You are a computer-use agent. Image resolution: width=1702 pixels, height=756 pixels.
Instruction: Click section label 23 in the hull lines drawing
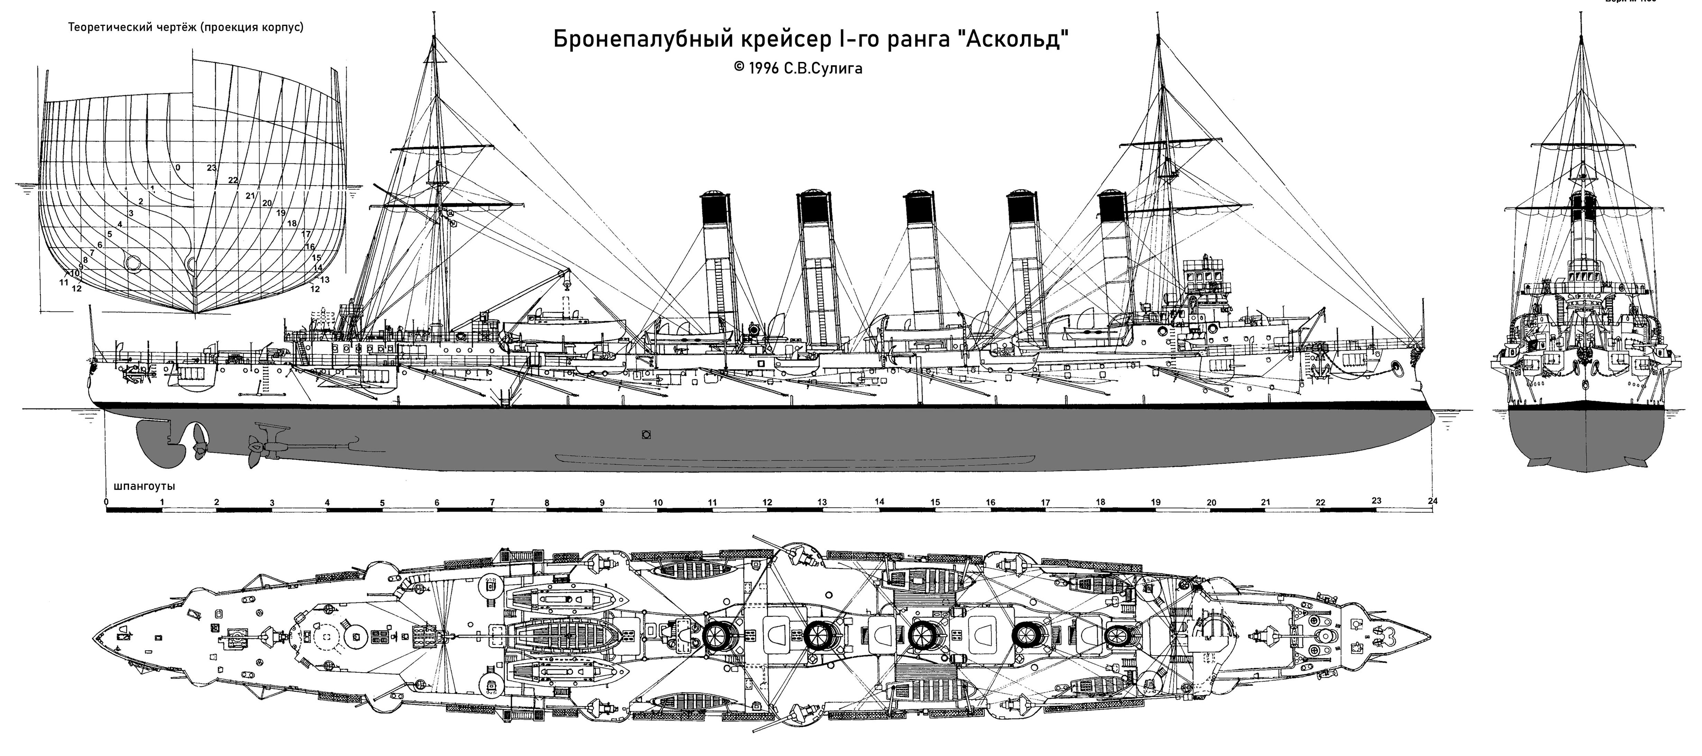coord(211,168)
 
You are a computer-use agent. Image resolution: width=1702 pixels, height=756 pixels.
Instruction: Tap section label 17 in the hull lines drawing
coord(305,234)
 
